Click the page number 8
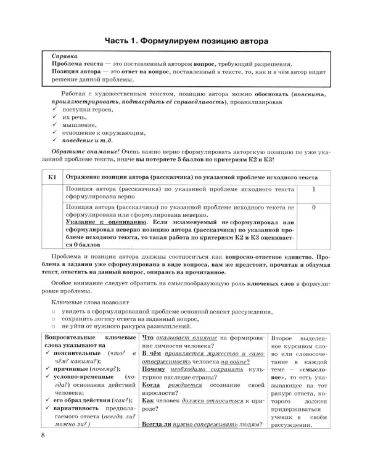point(43,436)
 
